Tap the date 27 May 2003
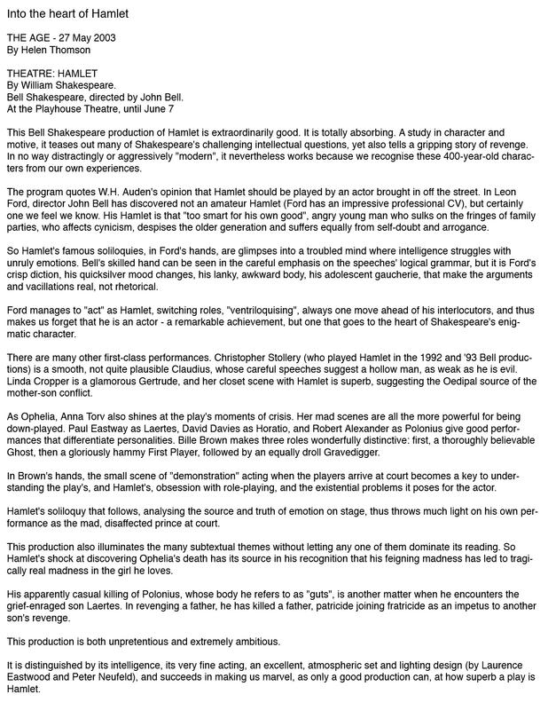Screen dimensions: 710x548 click(x=90, y=38)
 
